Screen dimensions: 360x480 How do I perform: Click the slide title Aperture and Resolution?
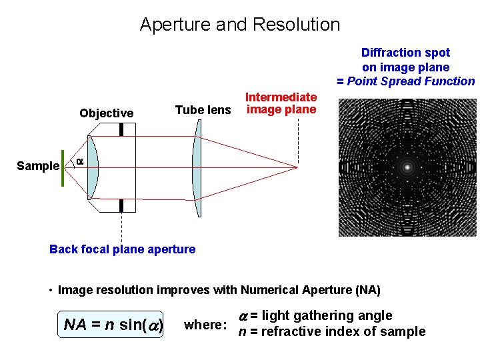click(240, 25)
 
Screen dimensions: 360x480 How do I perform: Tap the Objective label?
click(106, 113)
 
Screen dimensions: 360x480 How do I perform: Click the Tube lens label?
click(203, 110)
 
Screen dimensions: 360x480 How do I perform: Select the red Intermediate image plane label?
click(281, 103)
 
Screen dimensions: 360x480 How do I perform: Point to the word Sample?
click(38, 166)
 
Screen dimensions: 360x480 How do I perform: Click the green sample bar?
click(63, 167)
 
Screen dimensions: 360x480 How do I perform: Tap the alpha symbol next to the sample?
click(79, 161)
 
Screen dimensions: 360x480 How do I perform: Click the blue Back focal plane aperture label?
click(123, 249)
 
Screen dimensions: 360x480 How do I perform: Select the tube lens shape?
click(197, 167)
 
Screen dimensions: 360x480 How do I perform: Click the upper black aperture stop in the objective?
click(121, 129)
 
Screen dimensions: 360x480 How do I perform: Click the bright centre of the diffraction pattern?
click(407, 167)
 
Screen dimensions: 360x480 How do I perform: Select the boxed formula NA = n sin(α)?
click(111, 325)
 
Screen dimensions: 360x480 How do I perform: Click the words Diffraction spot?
click(405, 53)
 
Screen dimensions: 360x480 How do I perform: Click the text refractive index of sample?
click(343, 331)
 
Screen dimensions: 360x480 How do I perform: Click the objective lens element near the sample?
click(93, 167)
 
